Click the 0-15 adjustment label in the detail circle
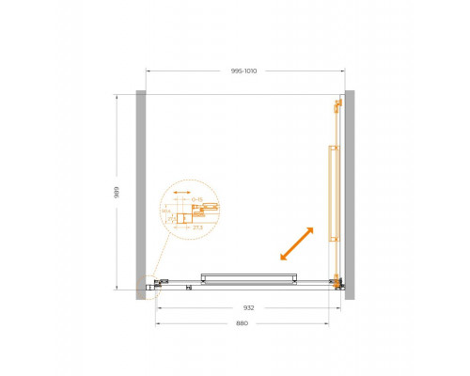tap(197, 199)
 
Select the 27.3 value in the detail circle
tap(197, 227)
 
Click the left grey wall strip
tap(141, 195)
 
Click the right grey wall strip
tap(349, 195)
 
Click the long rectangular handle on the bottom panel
tap(249, 278)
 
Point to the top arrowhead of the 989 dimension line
tap(117, 95)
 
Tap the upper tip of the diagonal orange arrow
tap(312, 227)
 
